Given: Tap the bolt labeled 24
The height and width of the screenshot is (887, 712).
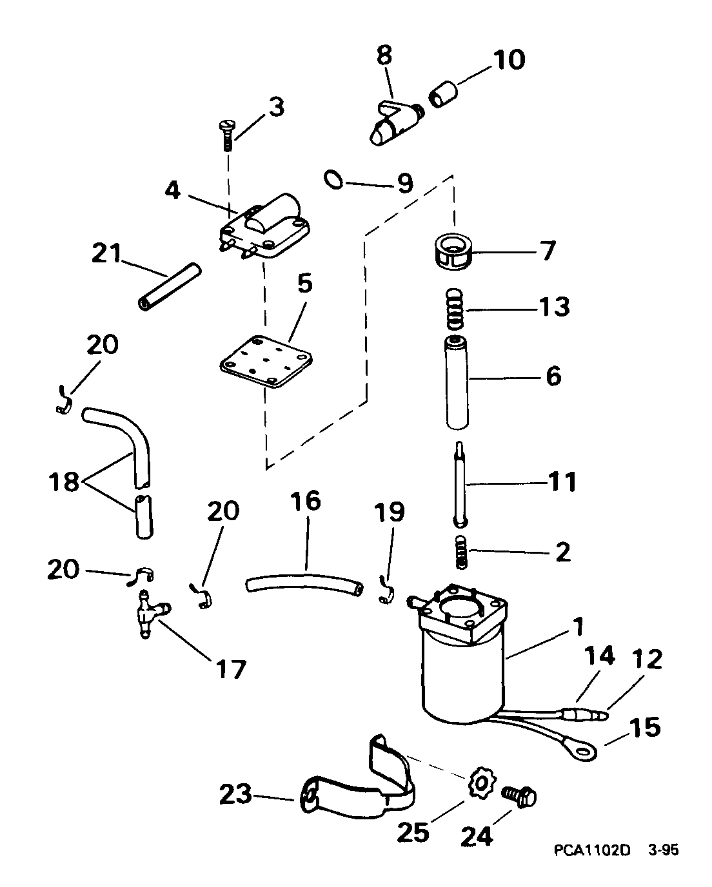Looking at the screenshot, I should pyautogui.click(x=520, y=797).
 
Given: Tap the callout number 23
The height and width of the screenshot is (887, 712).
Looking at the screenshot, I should pyautogui.click(x=235, y=795).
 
